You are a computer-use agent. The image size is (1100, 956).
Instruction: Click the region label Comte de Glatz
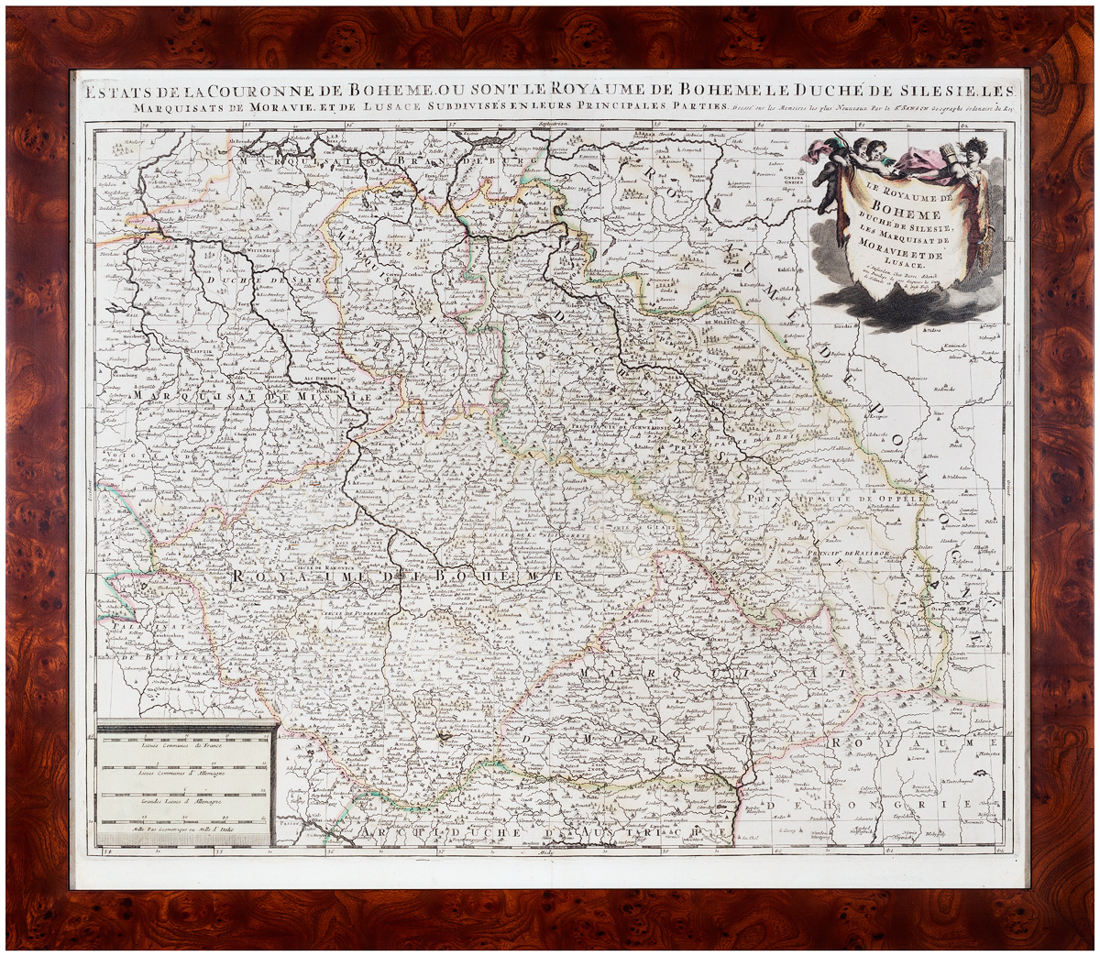pos(638,528)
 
